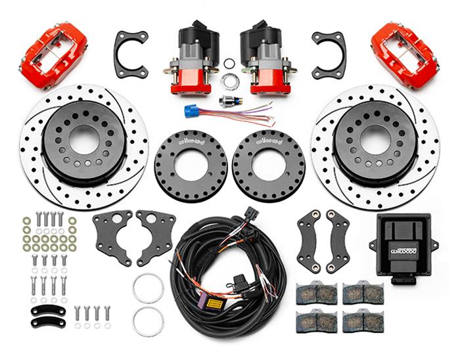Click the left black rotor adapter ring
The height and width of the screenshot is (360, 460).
[191, 165]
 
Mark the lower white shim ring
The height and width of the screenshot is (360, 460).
[148, 321]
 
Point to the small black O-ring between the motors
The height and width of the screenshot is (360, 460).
[229, 64]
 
